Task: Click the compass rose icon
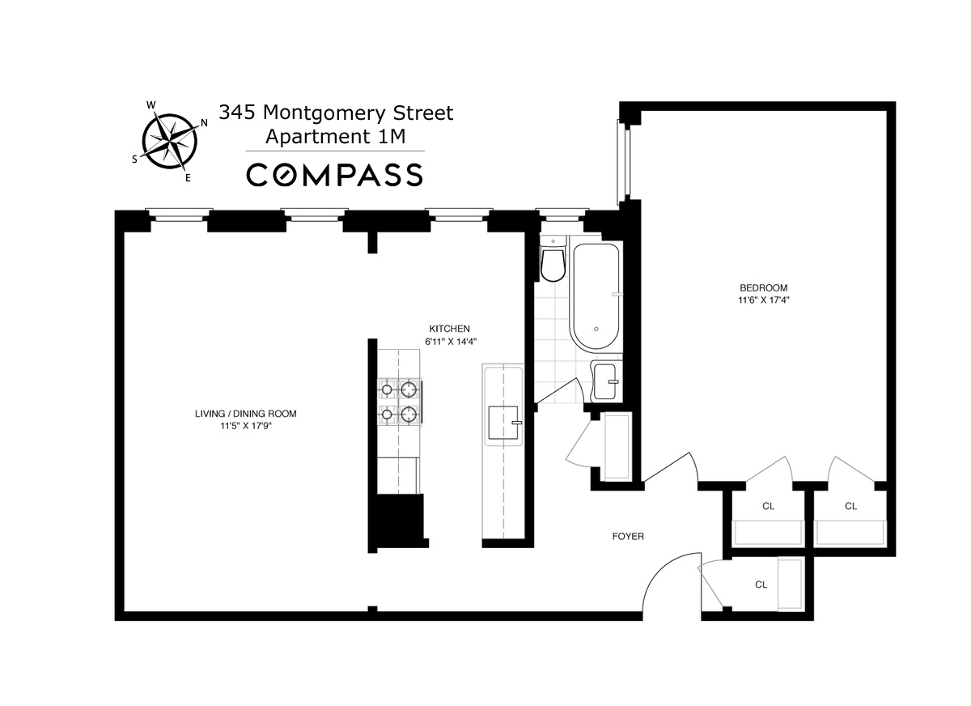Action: [x=169, y=141]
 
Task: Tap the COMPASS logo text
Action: [x=334, y=175]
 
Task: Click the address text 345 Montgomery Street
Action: [x=336, y=113]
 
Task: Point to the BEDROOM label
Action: [x=763, y=287]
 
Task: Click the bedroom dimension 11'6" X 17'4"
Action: [x=763, y=300]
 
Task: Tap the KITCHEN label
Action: [x=449, y=329]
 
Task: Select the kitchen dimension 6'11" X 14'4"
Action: [x=449, y=341]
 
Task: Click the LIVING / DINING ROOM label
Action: [x=245, y=414]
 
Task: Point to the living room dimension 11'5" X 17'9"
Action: [x=245, y=426]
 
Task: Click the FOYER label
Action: [x=628, y=536]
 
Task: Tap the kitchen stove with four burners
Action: [x=399, y=402]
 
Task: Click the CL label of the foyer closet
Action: [x=761, y=584]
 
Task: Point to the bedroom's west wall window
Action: [x=621, y=160]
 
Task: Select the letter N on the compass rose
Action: [x=205, y=123]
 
